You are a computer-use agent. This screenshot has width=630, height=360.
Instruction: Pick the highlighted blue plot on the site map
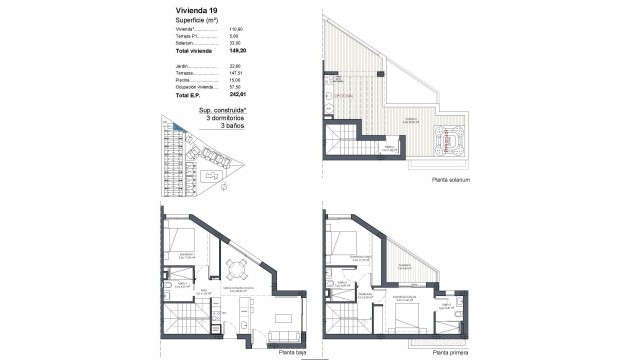[x=176, y=127]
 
